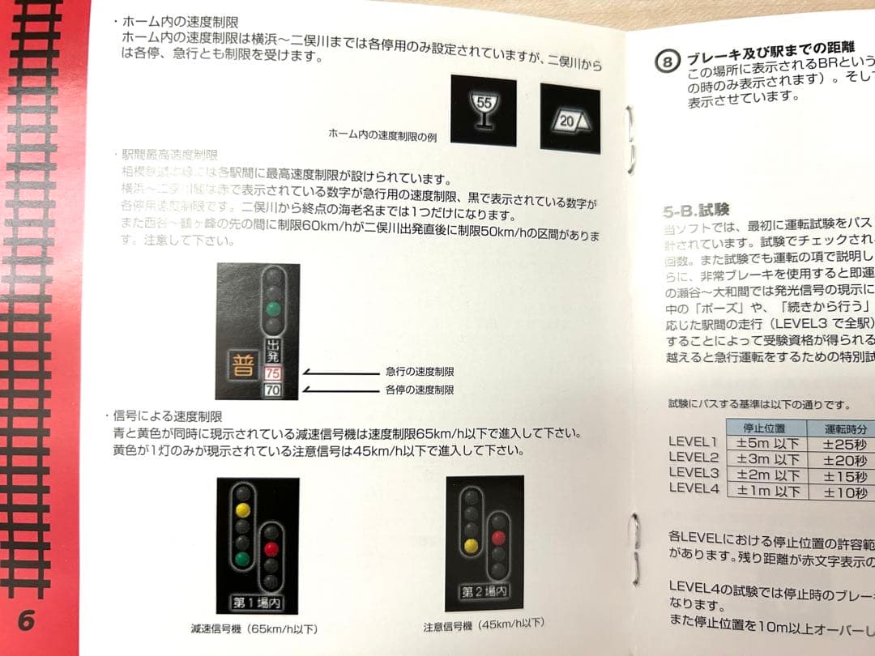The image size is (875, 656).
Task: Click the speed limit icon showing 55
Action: click(x=483, y=109)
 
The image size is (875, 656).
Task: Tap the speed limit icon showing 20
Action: click(x=570, y=118)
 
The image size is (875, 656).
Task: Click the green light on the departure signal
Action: click(x=275, y=308)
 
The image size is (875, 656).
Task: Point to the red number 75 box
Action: click(x=273, y=374)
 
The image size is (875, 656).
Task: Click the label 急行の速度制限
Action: click(x=420, y=372)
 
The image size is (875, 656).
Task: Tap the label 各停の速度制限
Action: click(x=420, y=390)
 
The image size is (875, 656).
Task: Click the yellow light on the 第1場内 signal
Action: click(x=241, y=510)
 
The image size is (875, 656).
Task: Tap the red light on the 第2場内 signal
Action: click(x=499, y=537)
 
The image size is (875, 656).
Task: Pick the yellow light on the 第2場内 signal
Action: click(x=469, y=547)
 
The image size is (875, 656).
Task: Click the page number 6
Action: click(x=26, y=620)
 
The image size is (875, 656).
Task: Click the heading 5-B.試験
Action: click(x=696, y=211)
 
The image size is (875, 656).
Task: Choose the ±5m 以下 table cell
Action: click(x=767, y=443)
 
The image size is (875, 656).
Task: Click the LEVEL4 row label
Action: click(x=694, y=488)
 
